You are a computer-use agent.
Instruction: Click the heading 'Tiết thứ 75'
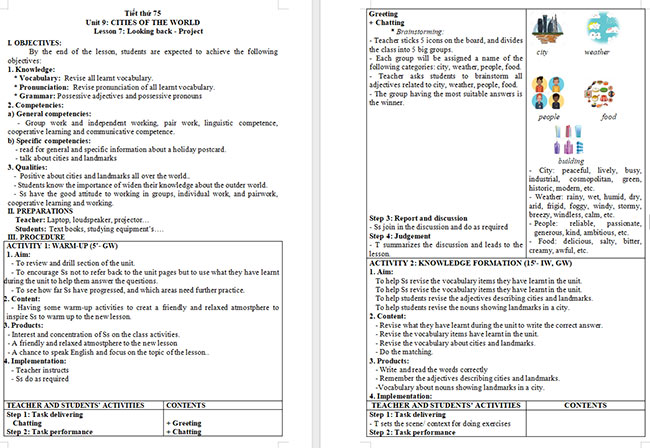(163, 8)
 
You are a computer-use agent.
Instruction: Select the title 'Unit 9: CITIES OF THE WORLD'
(162, 18)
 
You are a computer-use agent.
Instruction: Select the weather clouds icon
(596, 29)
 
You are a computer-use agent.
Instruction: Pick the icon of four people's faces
(549, 93)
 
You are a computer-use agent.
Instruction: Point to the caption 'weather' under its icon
(597, 51)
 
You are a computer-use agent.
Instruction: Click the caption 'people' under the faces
(549, 116)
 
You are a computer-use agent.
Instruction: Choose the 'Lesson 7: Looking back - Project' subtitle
(163, 29)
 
